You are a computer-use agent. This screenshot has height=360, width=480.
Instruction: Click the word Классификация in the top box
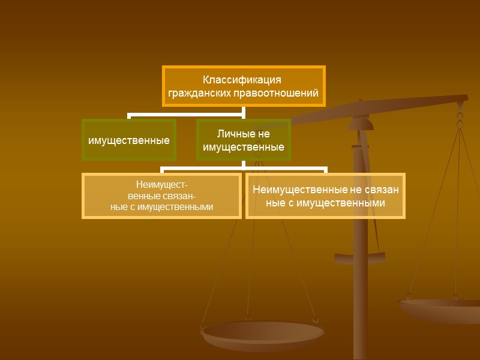tap(242, 80)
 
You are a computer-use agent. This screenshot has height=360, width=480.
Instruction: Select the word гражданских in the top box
tap(196, 93)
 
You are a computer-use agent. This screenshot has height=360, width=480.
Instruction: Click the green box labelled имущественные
tap(129, 140)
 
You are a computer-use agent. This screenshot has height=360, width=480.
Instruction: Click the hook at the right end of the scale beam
tap(461, 113)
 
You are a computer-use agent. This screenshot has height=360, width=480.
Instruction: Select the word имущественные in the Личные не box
tap(243, 147)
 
